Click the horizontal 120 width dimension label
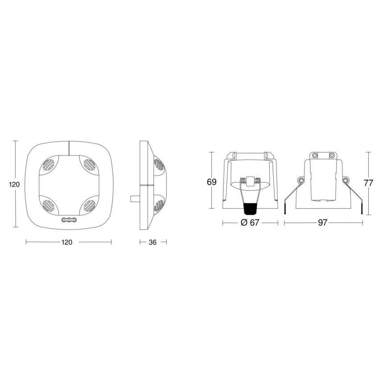[x=66, y=242]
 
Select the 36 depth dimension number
[x=152, y=242]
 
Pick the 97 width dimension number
[x=323, y=223]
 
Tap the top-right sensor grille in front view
[x=86, y=165]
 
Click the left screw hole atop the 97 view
[x=314, y=155]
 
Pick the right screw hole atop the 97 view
[x=331, y=155]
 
